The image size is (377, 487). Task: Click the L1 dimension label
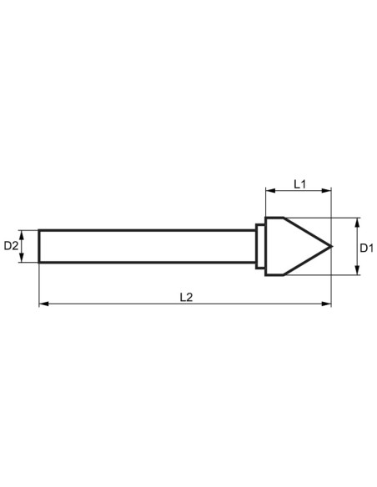[300, 183]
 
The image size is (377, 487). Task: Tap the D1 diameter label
[366, 247]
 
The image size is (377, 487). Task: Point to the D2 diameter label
[12, 246]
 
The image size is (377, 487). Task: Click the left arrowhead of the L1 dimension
[269, 191]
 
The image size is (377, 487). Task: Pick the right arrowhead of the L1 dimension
[328, 191]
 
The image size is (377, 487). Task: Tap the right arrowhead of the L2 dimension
[328, 304]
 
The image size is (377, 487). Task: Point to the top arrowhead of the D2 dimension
[27, 233]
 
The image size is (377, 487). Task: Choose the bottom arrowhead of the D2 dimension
[27, 259]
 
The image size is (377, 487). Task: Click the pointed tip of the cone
[331, 246]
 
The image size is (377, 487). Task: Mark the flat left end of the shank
[39, 246]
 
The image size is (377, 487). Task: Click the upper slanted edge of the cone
[308, 232]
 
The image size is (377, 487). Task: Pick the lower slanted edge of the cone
[308, 261]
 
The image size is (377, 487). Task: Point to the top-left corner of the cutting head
[266, 218]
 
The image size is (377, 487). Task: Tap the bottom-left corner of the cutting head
[266, 274]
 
